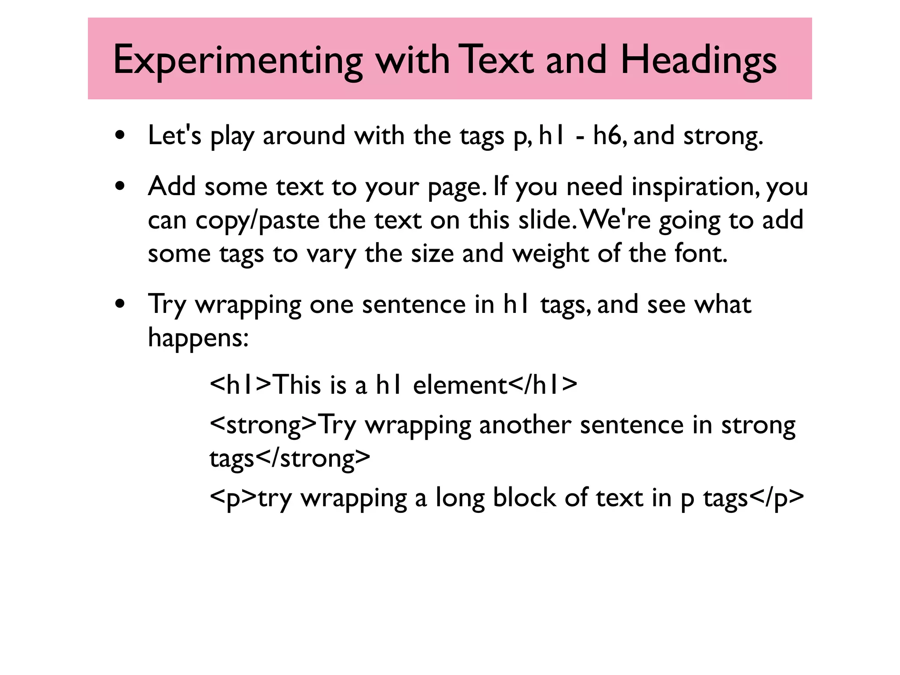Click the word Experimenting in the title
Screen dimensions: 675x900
pos(238,61)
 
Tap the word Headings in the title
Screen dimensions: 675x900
pos(698,61)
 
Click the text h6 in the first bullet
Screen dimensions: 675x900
pos(607,135)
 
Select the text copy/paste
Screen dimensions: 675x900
pos(257,220)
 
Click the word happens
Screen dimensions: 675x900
pos(198,338)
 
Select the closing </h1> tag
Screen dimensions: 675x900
pos(543,385)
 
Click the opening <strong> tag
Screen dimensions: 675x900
pos(263,425)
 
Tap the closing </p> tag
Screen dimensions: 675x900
pos(776,498)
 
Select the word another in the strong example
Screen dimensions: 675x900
pos(525,425)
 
